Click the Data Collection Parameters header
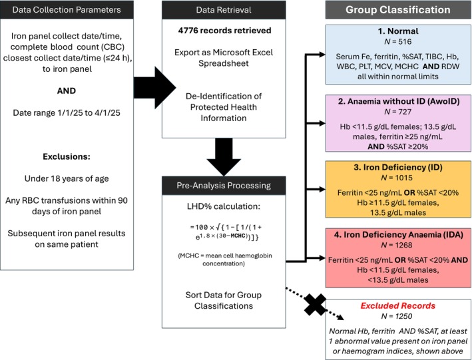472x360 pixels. point(67,9)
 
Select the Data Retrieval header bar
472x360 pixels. point(224,9)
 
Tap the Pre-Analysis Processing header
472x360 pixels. point(224,186)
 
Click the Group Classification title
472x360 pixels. point(398,9)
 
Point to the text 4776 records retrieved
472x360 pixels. point(224,31)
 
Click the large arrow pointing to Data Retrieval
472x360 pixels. point(154,88)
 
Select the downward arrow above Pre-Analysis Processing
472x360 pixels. point(224,157)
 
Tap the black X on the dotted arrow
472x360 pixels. point(315,305)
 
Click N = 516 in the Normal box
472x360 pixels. point(398,41)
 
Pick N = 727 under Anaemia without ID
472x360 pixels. point(398,112)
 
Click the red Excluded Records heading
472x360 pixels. point(398,306)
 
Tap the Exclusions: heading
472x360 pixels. point(67,156)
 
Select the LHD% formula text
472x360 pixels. point(224,232)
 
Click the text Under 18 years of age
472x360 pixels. point(67,178)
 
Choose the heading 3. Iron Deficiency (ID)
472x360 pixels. point(398,168)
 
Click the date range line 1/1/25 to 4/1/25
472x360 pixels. point(67,113)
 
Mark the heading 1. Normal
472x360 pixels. point(398,31)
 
